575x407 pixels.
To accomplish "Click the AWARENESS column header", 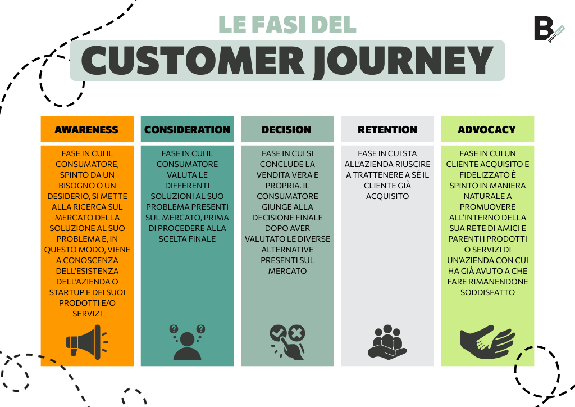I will point(87,129).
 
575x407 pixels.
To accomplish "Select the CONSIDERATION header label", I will point(187,129).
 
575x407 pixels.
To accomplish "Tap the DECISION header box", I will point(286,129).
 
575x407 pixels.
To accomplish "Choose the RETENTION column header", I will point(387,129).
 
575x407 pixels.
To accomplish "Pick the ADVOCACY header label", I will point(487,129).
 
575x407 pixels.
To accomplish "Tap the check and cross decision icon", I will point(287,341).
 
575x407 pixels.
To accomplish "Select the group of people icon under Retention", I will point(387,341).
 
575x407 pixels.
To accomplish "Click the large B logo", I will point(543,28).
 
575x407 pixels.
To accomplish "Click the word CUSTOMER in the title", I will point(191,61).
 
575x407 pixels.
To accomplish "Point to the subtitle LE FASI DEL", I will point(287,24).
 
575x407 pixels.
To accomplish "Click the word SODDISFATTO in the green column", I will point(487,292).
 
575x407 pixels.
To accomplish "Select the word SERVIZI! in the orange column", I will point(87,314).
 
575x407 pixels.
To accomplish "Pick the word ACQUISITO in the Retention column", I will point(387,196).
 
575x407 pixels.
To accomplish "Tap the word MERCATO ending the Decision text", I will point(287,271).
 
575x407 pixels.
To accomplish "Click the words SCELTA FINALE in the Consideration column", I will point(187,239).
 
